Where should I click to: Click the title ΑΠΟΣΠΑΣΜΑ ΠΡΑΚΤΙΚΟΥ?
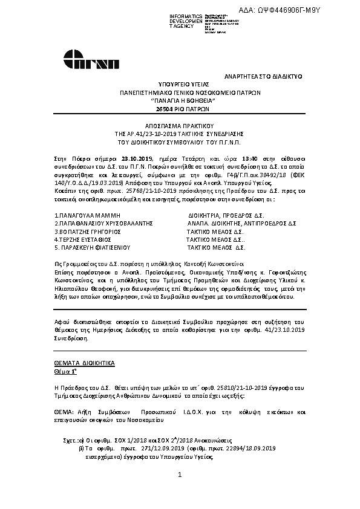[180, 120]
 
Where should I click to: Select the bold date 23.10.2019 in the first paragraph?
[138, 157]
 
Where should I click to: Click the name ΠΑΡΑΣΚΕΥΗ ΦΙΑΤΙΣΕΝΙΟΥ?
[93, 247]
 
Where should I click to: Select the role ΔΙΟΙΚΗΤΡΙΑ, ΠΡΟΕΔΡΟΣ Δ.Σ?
[226, 216]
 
